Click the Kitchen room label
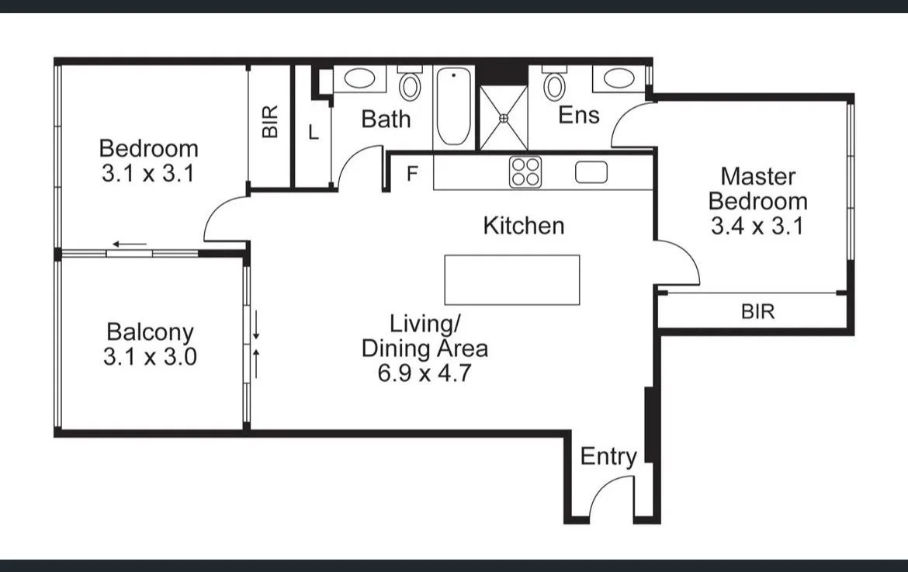point(523,226)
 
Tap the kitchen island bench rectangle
point(511,279)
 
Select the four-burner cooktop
point(525,172)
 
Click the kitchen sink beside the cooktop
point(591,172)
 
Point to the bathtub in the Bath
point(453,106)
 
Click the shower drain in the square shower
point(504,118)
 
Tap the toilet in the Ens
point(554,85)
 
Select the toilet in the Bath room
point(409,84)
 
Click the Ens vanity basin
point(619,78)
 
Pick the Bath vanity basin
point(359,78)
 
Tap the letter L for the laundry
point(313,133)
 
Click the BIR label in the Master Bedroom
point(757,312)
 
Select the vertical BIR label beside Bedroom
point(269,122)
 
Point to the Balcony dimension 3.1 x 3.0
point(149,357)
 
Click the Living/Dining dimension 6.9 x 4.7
point(425,373)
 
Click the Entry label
point(608,457)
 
